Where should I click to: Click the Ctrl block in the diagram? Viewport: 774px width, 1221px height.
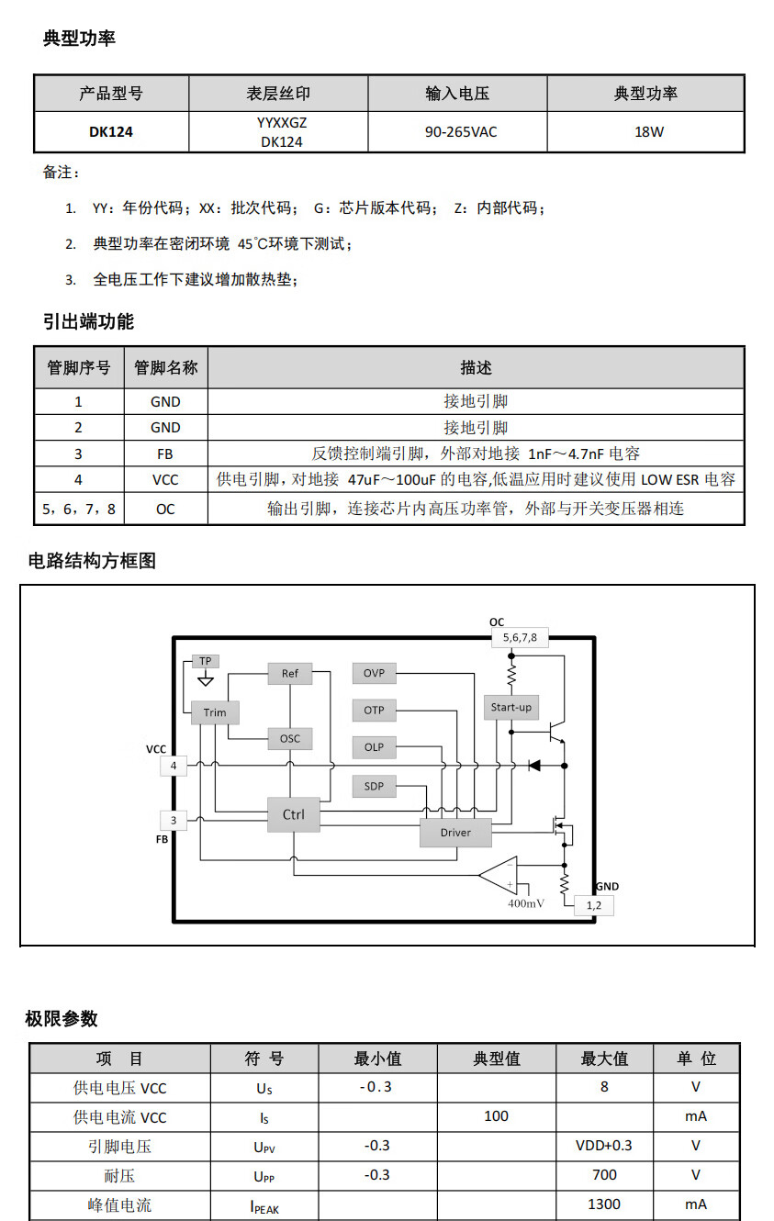[x=293, y=814]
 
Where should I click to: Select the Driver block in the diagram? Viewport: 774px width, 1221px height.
[x=455, y=833]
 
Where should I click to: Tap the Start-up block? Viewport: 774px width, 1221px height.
[x=511, y=707]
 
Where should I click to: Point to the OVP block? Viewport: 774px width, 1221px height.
[x=374, y=673]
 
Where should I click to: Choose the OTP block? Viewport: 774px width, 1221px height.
[x=374, y=711]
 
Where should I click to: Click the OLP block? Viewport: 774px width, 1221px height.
[x=374, y=747]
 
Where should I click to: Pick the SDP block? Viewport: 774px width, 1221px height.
[x=374, y=786]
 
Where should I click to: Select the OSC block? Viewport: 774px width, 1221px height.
[x=290, y=738]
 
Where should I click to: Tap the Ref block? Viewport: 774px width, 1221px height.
[x=290, y=674]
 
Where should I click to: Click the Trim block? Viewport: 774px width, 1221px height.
[x=215, y=712]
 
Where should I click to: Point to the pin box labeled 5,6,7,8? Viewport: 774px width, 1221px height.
[x=520, y=637]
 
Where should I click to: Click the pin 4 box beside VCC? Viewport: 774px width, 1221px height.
[x=174, y=766]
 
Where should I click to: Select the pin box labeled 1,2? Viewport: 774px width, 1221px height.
[x=593, y=905]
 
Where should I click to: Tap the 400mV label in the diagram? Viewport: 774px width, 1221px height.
[x=525, y=903]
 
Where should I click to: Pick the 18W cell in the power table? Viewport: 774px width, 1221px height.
[x=648, y=132]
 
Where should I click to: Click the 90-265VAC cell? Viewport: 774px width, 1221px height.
[x=460, y=132]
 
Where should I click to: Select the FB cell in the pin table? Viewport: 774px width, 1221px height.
[x=165, y=454]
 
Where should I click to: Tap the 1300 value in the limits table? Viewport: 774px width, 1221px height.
[x=603, y=1204]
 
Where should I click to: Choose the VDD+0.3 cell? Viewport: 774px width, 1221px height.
[x=603, y=1146]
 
